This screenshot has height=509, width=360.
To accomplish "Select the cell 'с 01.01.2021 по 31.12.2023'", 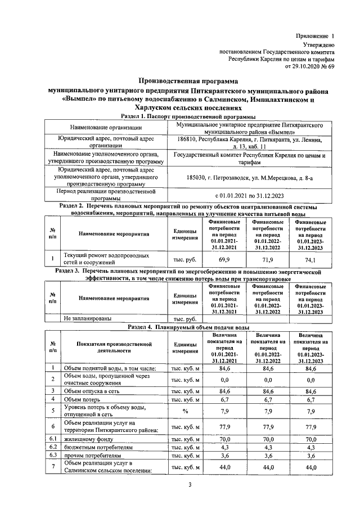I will pyautogui.click(x=249, y=196).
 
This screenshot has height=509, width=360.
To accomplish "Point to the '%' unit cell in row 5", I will pyautogui.click(x=184, y=411).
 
